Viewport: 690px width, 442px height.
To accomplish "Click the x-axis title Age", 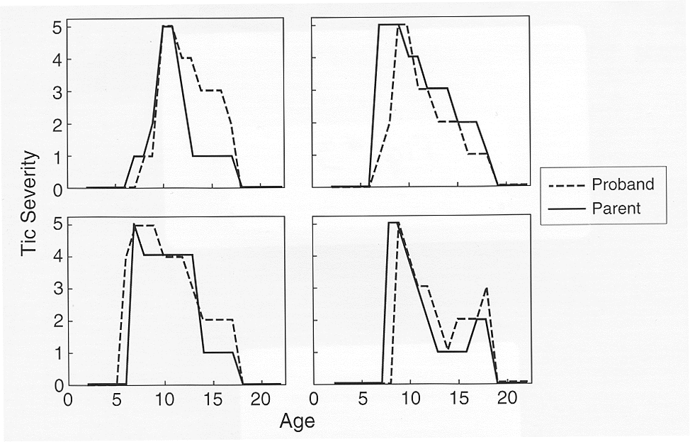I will click(x=297, y=421).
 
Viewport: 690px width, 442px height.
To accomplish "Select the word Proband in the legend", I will click(x=623, y=185).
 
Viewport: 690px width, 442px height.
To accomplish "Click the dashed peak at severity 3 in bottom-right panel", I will click(x=487, y=289).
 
